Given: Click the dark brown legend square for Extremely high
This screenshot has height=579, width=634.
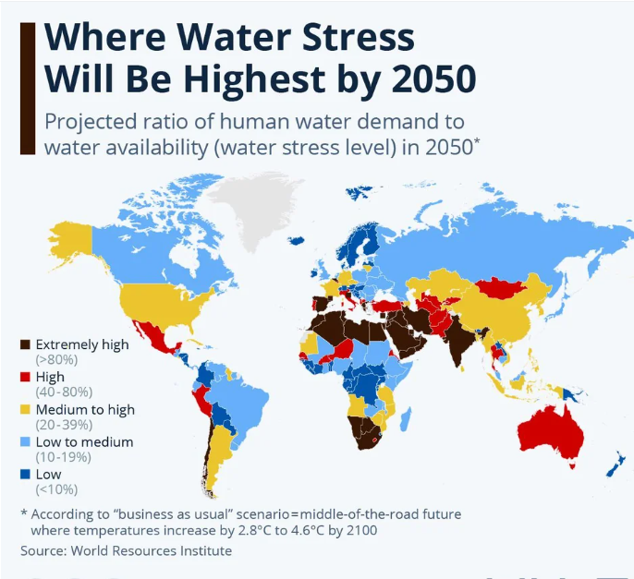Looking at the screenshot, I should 26,345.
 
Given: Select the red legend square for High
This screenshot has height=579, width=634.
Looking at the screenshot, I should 26,377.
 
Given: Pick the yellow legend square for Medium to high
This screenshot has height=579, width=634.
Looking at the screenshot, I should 26,409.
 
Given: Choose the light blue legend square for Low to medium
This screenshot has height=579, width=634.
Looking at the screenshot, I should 26,441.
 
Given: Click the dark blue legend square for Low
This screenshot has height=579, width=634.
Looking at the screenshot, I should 26,474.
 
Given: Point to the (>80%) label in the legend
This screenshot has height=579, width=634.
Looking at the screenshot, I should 55,359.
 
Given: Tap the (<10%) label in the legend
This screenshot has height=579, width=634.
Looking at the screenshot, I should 55,489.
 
